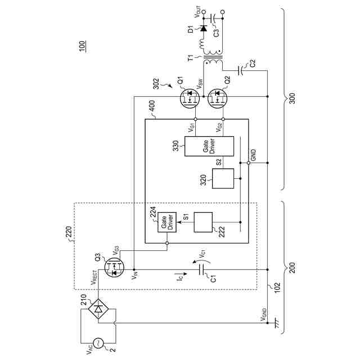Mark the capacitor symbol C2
coord(241,70)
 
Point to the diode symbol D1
coord(203,28)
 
